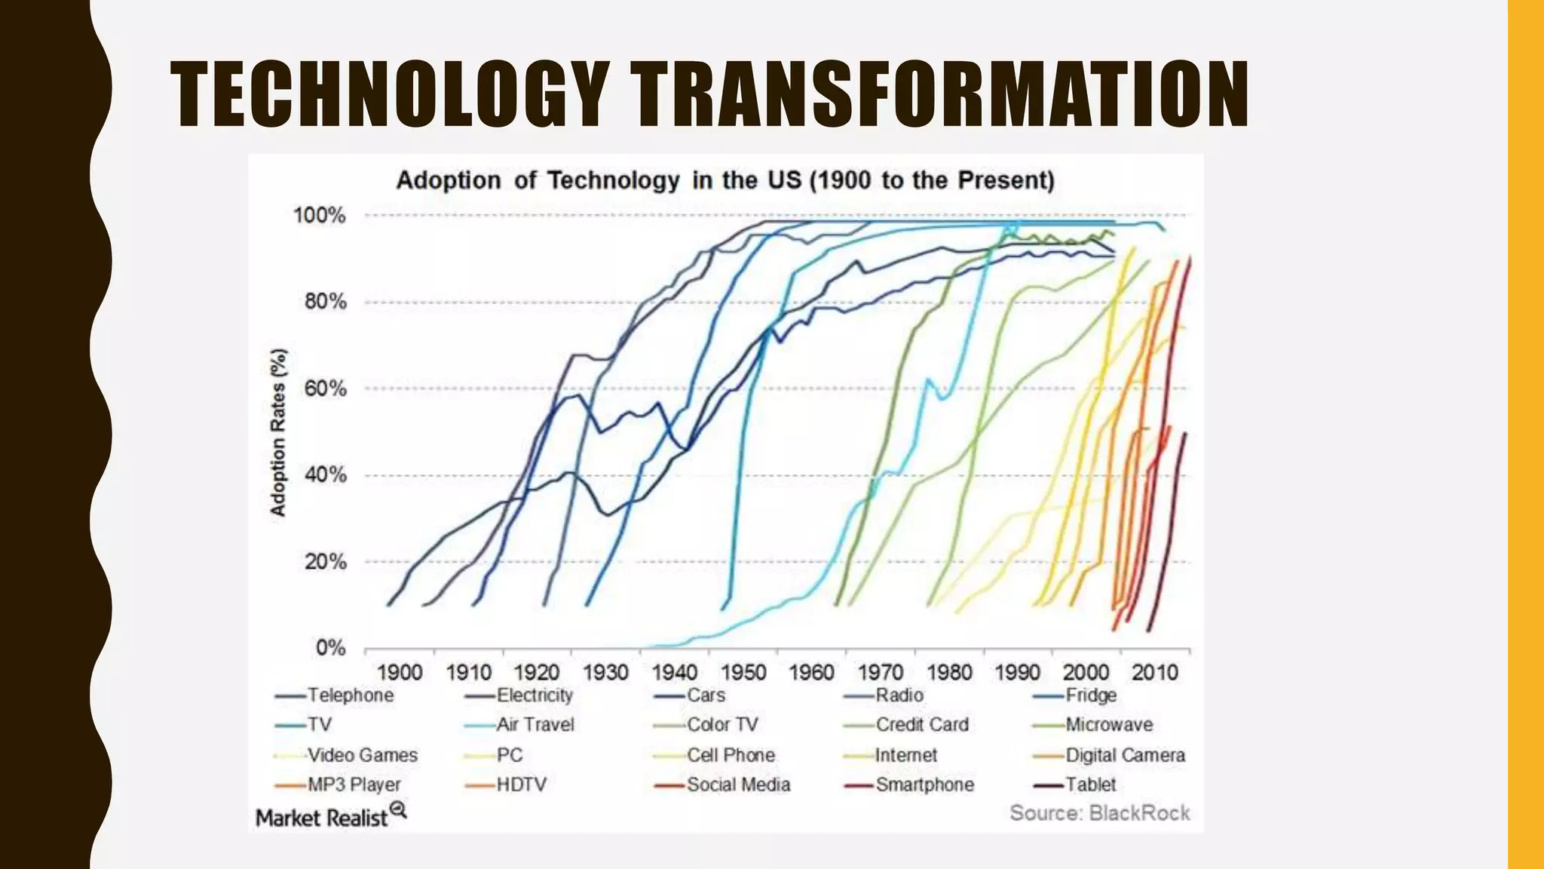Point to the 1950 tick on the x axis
(x=743, y=671)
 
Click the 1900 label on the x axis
(x=400, y=671)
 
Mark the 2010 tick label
(x=1154, y=671)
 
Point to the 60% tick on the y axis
(x=326, y=388)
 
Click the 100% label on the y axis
(x=320, y=216)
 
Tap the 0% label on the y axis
(x=330, y=648)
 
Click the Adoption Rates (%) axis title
(x=279, y=432)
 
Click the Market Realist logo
(x=330, y=817)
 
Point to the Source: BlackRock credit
(x=1099, y=812)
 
